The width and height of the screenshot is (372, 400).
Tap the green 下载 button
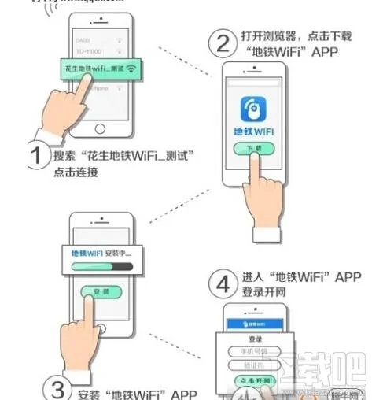tap(257, 149)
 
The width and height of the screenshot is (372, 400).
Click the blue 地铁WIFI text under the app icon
tap(257, 131)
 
